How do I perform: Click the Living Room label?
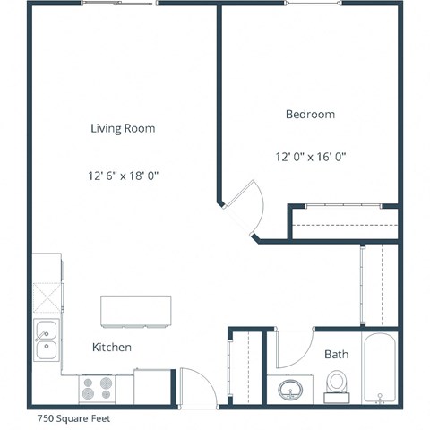(x=123, y=128)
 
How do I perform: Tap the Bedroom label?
(x=310, y=114)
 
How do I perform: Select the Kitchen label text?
(x=112, y=347)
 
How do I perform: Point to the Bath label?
(x=336, y=355)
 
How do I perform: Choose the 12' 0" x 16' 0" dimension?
(x=310, y=157)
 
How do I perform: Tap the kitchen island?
(x=136, y=310)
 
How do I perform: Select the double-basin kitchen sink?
(x=46, y=340)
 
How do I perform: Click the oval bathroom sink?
(x=291, y=390)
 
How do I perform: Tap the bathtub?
(x=380, y=369)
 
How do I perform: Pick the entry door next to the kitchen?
(x=197, y=388)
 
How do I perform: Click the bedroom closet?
(x=342, y=222)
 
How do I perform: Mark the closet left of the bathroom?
(x=247, y=367)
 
